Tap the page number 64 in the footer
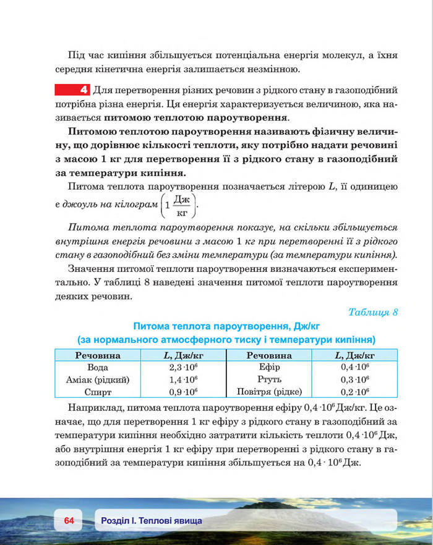coord(68,521)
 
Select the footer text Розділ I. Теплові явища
coord(151,521)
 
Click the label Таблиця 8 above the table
coord(373,311)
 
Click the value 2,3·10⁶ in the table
coord(182,367)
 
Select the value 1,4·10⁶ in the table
coord(182,379)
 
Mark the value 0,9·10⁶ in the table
coord(182,391)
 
